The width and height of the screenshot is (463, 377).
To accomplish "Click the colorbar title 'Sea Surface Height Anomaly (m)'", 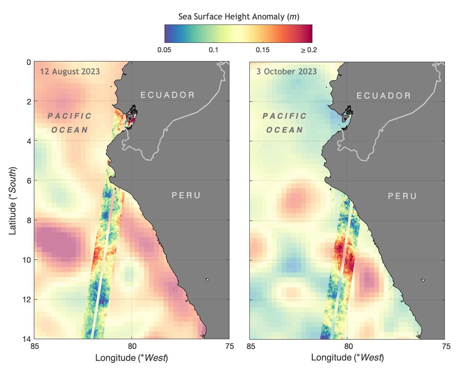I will [x=238, y=16].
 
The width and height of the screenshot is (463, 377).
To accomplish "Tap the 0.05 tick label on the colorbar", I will [x=164, y=50].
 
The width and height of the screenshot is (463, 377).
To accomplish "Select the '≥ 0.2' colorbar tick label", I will [x=308, y=50].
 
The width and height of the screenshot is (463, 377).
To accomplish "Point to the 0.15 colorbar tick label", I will [x=263, y=50].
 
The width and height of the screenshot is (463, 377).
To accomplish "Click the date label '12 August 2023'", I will [x=70, y=71].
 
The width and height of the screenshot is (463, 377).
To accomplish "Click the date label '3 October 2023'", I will [x=286, y=71].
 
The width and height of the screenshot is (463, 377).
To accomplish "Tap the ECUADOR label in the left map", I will [x=167, y=95].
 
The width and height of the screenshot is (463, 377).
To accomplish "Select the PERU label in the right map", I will [x=402, y=196].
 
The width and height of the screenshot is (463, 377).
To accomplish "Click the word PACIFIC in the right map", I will [x=285, y=116].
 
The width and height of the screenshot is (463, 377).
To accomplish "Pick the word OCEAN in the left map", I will [x=70, y=130].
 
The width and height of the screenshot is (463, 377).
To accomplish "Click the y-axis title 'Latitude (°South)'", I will [x=13, y=201].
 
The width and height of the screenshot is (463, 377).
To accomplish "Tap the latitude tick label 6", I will [x=28, y=180].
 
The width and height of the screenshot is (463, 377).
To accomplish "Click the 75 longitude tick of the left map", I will [x=230, y=346].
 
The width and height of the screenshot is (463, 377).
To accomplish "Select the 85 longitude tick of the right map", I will [x=251, y=346].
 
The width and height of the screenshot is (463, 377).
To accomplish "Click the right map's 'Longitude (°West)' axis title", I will [x=347, y=358].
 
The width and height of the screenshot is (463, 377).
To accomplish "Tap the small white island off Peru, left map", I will [x=207, y=280].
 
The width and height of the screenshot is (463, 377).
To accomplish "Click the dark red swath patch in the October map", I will [x=343, y=253].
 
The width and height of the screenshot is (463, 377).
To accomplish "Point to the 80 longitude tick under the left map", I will [x=132, y=346].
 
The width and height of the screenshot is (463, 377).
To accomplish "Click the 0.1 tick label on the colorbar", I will [x=214, y=50].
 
